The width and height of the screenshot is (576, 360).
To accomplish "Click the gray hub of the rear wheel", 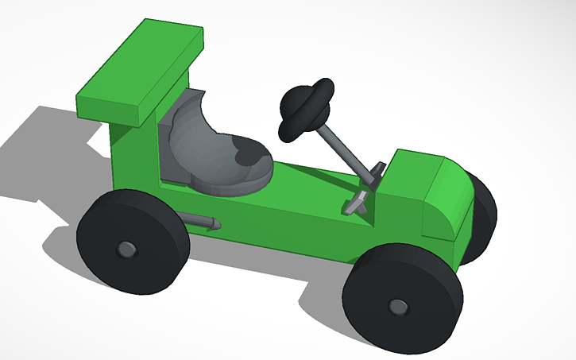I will pos(126,249).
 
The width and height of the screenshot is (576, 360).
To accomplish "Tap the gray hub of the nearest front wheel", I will pos(396,305).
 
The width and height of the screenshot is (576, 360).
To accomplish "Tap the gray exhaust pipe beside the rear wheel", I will pos(199,222).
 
